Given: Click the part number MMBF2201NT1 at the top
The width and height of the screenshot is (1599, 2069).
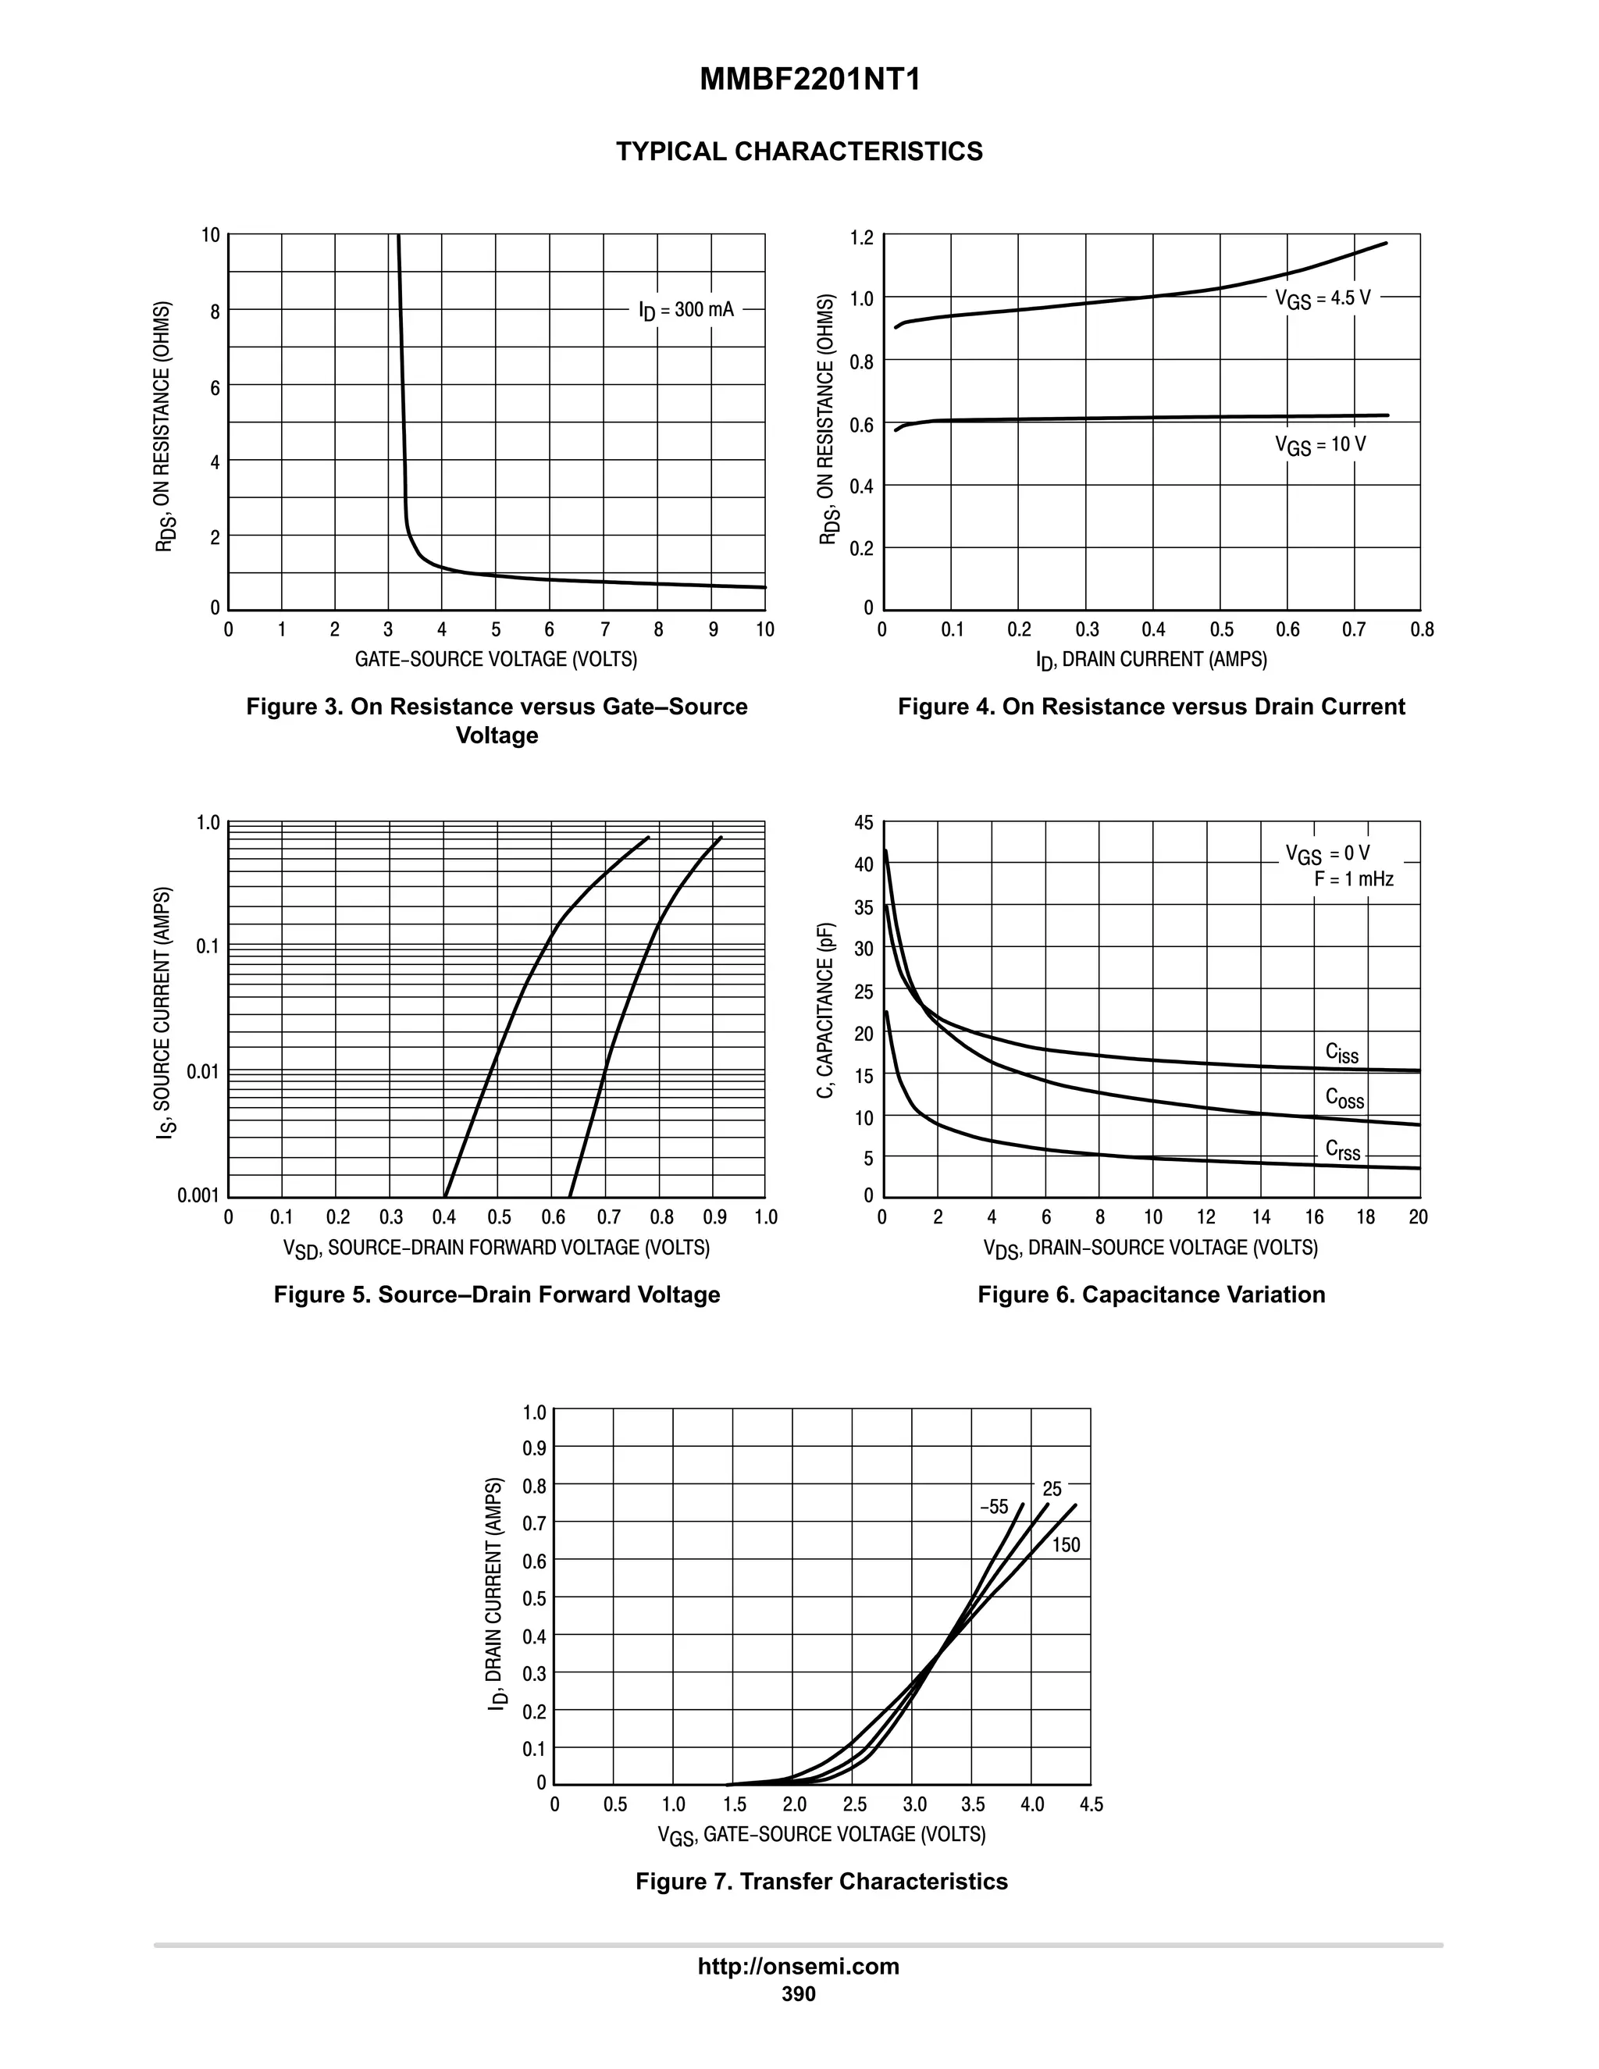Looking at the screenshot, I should pos(810,80).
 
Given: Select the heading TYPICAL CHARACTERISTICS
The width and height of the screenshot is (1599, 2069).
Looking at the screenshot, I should pos(799,151).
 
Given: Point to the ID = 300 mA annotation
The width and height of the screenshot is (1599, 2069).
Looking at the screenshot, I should pos(686,310).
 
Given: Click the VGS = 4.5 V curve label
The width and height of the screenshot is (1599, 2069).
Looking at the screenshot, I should pos(1323,298).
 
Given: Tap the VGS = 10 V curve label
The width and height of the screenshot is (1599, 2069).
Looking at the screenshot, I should pos(1320,444).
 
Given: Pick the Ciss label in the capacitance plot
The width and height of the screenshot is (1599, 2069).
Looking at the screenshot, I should pos(1341,1052).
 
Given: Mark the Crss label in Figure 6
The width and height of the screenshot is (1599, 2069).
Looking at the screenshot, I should pos(1342,1150).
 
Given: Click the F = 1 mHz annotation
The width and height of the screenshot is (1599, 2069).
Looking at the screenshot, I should pos(1354,879).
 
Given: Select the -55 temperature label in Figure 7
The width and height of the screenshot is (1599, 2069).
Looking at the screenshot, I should pos(994,1507).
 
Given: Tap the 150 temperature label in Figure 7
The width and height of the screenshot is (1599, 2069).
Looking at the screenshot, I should pos(1066,1545).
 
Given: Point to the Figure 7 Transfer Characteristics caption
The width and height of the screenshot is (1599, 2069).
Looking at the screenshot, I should pos(821,1881).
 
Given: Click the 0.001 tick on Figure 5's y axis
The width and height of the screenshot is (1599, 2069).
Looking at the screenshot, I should pos(198,1195).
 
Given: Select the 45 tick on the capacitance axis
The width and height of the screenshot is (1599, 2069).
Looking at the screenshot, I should pos(863,822).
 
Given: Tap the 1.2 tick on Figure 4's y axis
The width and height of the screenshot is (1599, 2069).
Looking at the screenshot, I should pos(861,237).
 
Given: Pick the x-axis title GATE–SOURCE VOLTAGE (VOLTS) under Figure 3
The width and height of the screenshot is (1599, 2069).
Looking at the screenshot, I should pos(496,660).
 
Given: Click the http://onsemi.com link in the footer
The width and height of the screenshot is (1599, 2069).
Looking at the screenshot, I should pos(799,1966).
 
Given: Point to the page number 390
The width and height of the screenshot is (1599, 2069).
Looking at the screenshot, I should pos(799,1994).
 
